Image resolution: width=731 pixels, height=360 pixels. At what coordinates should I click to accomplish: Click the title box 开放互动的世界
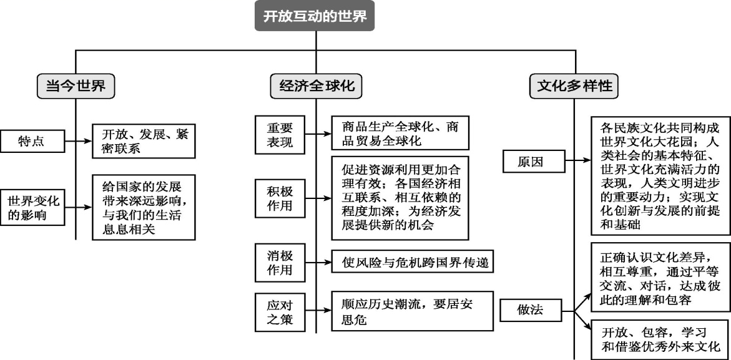click(315, 17)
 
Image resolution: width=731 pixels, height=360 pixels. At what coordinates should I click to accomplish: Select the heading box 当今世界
click(76, 86)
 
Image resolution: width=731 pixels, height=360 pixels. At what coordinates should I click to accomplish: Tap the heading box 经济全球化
click(316, 86)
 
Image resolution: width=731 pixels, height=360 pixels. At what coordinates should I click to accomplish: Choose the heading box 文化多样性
click(574, 86)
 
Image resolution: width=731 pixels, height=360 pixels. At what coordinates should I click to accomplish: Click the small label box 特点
click(32, 142)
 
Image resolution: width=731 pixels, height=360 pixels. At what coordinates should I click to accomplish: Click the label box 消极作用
click(278, 262)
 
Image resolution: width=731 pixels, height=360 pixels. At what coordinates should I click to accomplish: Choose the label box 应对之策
click(278, 312)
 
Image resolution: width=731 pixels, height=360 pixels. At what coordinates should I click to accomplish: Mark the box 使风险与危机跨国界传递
click(413, 262)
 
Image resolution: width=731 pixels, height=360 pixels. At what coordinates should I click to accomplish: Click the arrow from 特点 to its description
click(78, 142)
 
